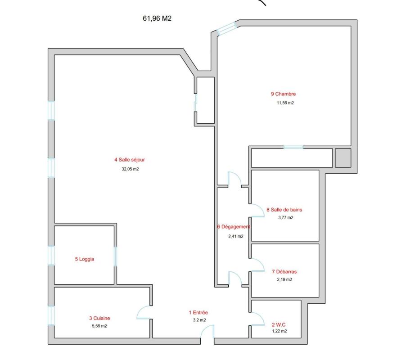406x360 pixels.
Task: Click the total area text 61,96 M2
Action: pos(157,18)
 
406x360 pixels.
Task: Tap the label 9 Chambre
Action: pos(283,94)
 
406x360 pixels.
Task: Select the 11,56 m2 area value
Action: pos(285,103)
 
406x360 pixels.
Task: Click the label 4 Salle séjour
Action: pos(130,160)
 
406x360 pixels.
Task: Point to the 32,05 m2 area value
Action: pos(130,169)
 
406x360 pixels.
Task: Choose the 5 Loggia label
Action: pos(85,259)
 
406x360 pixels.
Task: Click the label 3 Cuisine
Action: pos(99,318)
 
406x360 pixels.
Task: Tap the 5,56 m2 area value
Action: pos(99,326)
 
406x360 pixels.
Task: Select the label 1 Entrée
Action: pos(198,313)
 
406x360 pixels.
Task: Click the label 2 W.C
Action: pos(279,324)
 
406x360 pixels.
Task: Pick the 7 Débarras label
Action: pos(284,272)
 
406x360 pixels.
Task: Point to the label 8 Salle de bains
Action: pos(284,210)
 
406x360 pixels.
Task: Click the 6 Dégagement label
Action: pos(234,227)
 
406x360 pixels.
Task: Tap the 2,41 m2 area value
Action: pos(235,236)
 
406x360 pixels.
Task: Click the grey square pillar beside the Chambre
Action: pos(343,157)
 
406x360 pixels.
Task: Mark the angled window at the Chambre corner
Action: pos(226,28)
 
